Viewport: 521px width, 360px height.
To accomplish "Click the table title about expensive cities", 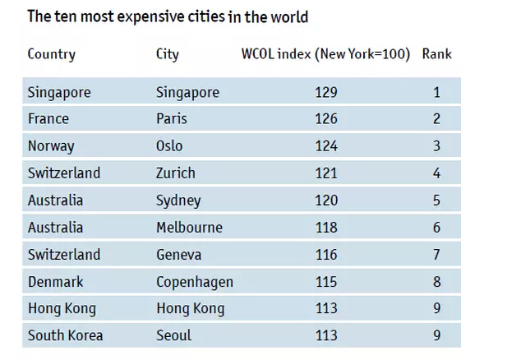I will (x=168, y=17).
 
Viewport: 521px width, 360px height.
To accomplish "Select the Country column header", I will (x=51, y=55).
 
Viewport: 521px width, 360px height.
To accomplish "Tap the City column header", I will (x=167, y=55).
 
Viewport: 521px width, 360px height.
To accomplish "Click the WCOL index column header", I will (x=325, y=55).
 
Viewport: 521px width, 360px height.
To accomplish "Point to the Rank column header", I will (x=436, y=55).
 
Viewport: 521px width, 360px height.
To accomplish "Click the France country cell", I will (x=48, y=118).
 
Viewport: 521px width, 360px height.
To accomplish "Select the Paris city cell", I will (x=171, y=118).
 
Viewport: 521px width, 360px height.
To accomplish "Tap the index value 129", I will (x=325, y=92).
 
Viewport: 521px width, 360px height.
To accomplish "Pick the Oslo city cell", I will (x=169, y=146).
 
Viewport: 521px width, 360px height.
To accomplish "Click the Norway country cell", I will (x=51, y=146).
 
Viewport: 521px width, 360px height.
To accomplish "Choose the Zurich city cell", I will (x=175, y=173).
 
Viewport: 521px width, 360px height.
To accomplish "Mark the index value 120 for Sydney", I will (x=325, y=201).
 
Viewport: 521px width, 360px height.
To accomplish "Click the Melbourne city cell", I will (x=189, y=228).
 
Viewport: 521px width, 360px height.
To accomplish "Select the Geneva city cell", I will (x=178, y=255).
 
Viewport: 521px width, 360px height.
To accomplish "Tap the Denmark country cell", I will (x=55, y=282).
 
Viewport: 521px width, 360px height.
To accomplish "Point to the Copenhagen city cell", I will (x=194, y=282).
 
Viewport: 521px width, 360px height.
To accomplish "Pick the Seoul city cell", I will (x=173, y=335).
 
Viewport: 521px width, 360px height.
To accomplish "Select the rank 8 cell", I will (x=437, y=282).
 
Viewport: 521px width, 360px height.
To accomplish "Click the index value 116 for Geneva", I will (x=325, y=255).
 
